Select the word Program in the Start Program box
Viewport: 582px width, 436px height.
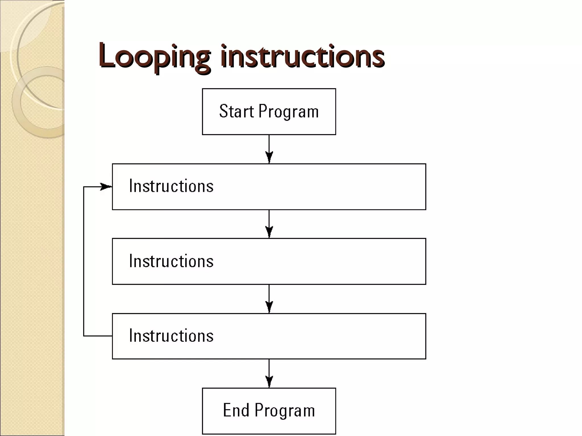288,112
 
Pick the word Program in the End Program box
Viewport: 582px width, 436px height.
285,411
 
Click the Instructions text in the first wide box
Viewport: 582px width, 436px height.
171,186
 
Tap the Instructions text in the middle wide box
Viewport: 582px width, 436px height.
171,261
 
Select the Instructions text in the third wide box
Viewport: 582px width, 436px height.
171,336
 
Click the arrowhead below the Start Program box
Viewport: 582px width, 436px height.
269,157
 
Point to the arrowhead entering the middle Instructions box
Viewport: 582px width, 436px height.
269,232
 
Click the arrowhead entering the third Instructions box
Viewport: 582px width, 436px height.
269,307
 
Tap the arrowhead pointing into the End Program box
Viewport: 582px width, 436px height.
269,381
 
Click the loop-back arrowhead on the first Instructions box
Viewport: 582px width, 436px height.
107,187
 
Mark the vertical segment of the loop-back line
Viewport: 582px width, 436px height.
84,261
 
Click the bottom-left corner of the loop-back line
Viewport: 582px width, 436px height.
84,336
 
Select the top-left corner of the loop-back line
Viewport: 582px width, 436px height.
84,187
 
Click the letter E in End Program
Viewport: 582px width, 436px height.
227,410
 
